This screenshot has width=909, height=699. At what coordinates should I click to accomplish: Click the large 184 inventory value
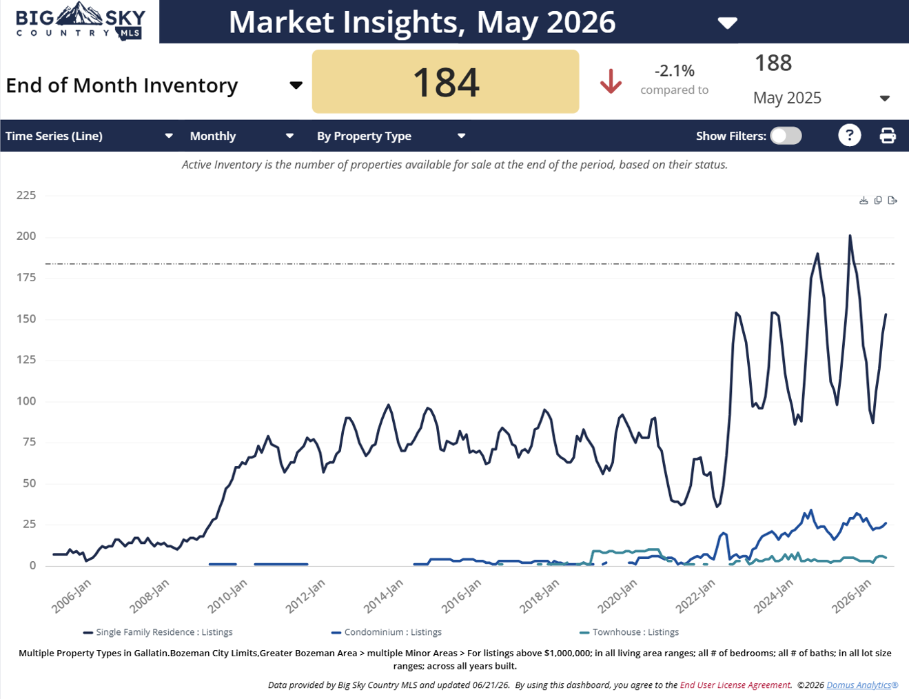pos(445,83)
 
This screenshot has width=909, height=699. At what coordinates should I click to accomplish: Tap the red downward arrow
pos(611,81)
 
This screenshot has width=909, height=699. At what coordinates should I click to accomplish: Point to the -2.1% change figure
pos(674,71)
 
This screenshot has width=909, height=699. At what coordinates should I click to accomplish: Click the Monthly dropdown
pos(242,136)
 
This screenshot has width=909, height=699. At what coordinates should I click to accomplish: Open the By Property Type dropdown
pos(391,136)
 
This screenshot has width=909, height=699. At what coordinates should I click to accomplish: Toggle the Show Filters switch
pos(786,136)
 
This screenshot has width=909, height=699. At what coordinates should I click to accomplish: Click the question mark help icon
pos(849,136)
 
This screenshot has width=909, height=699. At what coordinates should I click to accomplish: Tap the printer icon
pos(888,136)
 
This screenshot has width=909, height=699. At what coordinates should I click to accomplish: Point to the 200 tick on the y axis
pos(26,236)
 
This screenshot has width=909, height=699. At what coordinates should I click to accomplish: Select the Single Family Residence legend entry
pos(158,632)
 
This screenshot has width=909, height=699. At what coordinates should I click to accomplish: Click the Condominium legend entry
pos(386,632)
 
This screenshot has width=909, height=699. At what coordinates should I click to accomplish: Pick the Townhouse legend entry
pos(629,632)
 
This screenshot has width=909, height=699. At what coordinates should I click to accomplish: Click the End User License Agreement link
pos(735,685)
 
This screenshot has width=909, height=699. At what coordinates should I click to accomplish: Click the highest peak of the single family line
pos(850,236)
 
